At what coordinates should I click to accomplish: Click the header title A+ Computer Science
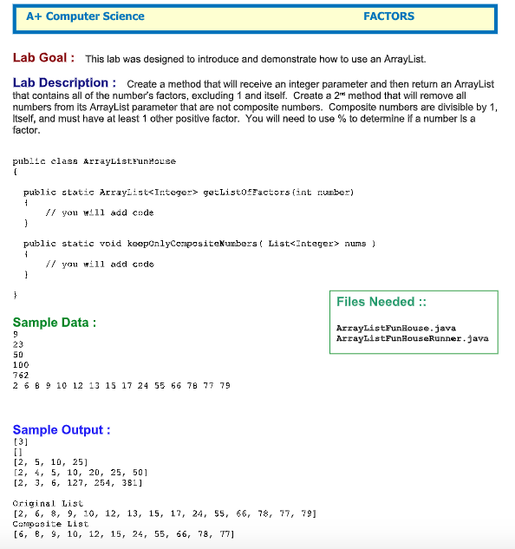point(85,16)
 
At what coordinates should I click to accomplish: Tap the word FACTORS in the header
point(388,16)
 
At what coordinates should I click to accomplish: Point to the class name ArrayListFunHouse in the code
point(129,161)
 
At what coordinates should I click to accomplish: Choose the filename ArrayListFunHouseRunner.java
point(412,337)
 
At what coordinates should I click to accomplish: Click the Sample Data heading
point(55,323)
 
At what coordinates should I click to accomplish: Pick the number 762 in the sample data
point(21,376)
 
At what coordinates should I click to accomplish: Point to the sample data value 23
point(18,344)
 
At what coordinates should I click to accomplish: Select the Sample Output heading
point(62,430)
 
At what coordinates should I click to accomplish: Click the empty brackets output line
point(17,453)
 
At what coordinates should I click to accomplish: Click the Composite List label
point(50,524)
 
